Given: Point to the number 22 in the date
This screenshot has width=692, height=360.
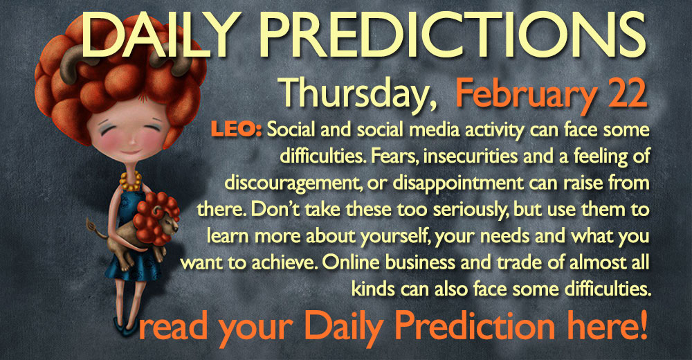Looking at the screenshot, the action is click(628, 93).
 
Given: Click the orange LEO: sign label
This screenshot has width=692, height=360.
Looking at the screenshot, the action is click(237, 130).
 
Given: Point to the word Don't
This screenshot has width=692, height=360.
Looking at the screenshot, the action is click(275, 209).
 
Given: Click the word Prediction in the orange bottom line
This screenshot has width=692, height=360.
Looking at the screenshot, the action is click(475, 327).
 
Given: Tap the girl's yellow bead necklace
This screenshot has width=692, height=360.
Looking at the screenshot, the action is click(131, 181).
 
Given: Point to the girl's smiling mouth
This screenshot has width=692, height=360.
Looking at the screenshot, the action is click(131, 153).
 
